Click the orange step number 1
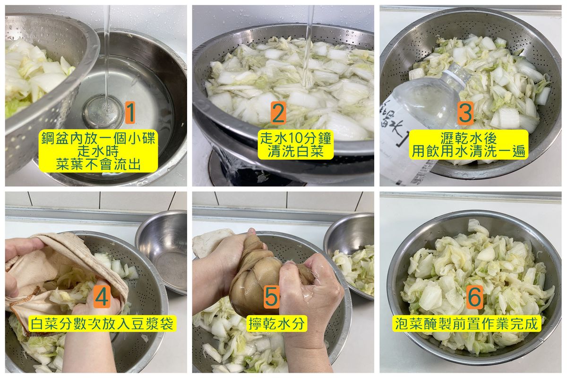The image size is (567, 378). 130,113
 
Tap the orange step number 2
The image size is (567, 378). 278,113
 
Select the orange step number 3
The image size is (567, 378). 465,113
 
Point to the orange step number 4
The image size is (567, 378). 102,297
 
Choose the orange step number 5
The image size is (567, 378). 272,297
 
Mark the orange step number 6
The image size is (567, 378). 474,297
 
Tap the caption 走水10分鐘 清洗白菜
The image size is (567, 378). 295,145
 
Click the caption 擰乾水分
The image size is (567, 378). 277,324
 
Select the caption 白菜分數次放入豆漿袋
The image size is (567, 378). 102,324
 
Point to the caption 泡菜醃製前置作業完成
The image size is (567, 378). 466,324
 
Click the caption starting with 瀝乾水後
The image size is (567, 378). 469,145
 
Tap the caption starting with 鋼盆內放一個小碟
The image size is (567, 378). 98,151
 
